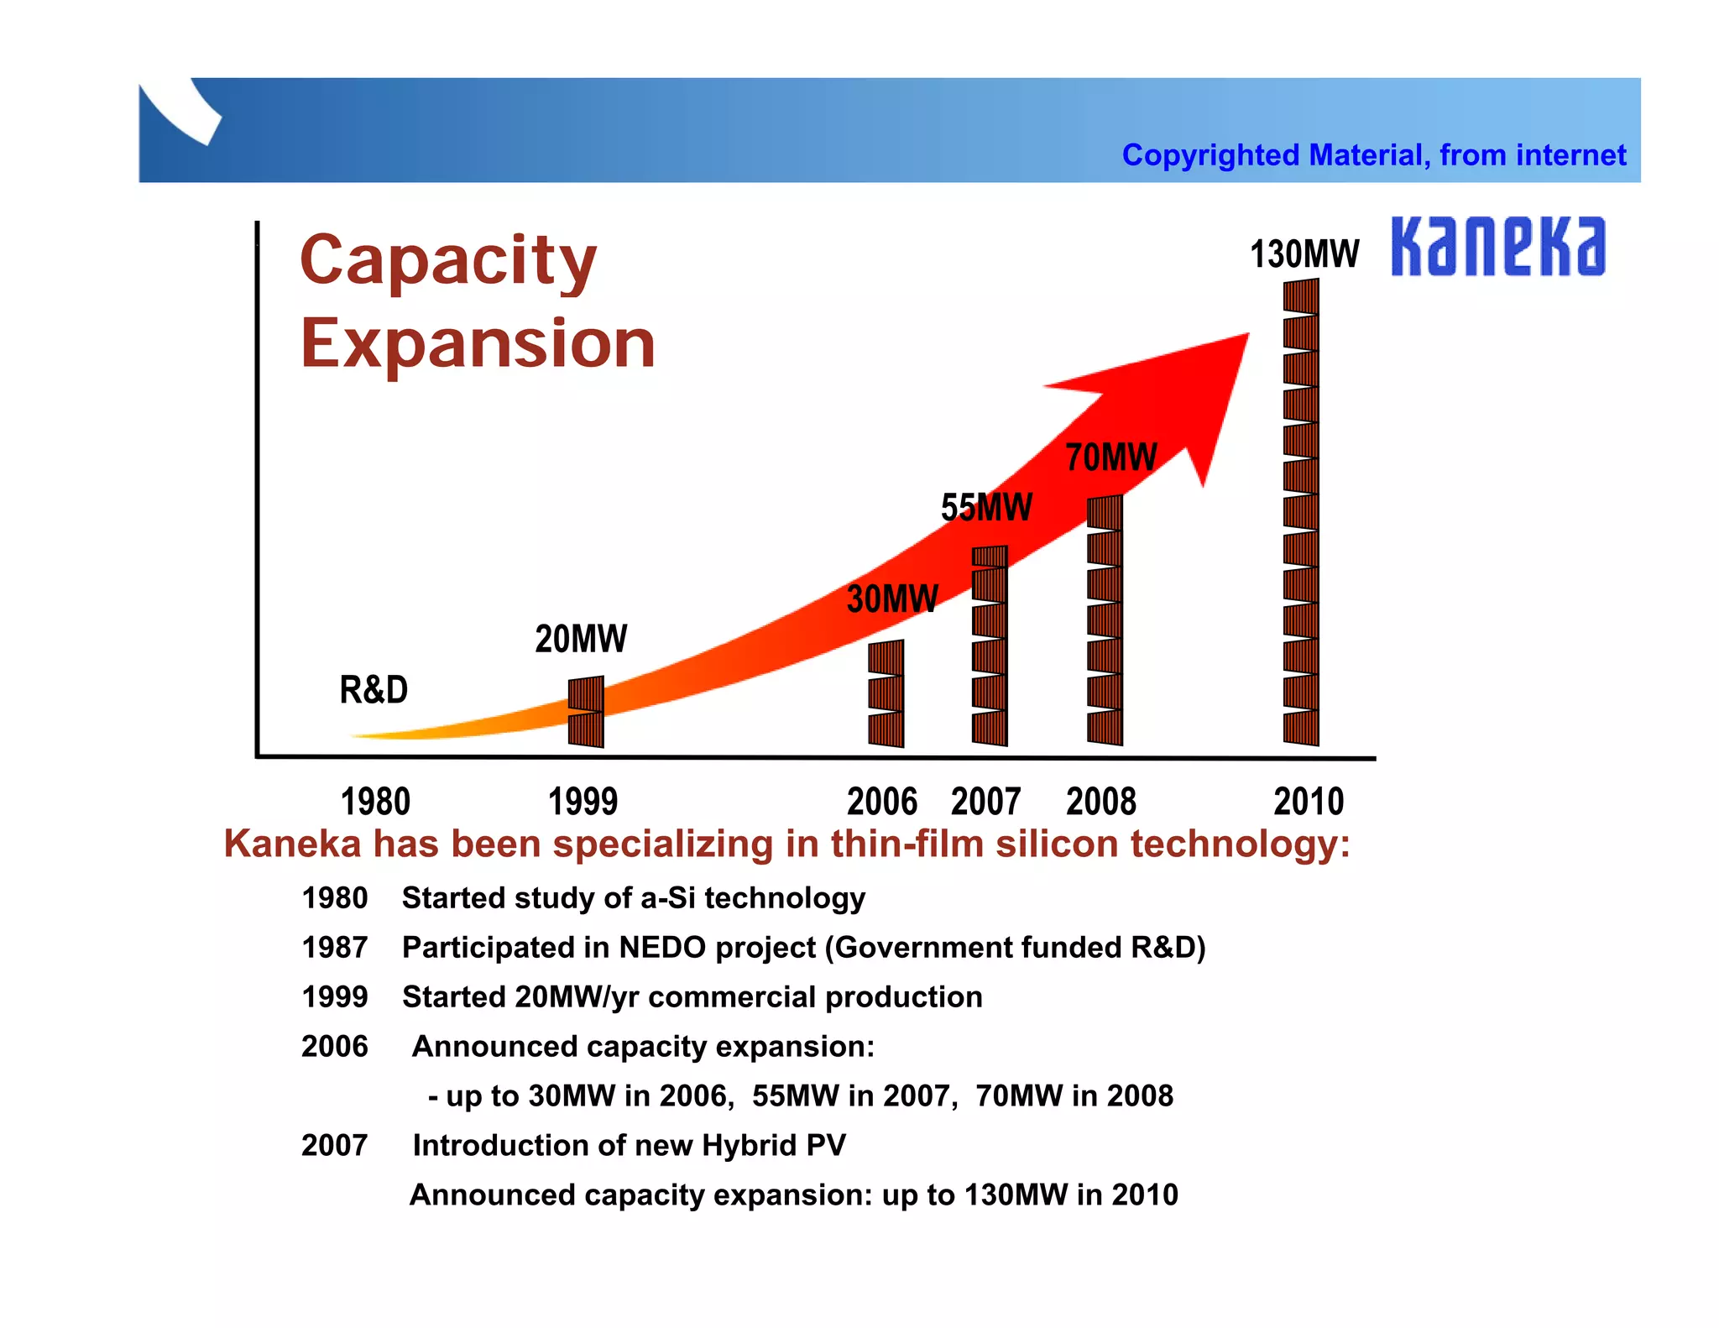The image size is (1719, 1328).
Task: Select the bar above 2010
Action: tap(1300, 512)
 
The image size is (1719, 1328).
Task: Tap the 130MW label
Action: tap(1304, 254)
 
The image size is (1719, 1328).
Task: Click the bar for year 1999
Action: tap(585, 712)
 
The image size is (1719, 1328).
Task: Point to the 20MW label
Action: tap(581, 639)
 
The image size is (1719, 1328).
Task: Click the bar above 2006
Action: tap(886, 694)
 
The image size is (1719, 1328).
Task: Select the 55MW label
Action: tap(986, 508)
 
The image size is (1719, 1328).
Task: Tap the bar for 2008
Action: tap(1104, 620)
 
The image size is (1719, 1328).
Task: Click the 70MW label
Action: tap(1110, 458)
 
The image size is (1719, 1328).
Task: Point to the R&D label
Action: tap(374, 690)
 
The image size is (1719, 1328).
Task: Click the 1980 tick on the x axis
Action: tap(375, 802)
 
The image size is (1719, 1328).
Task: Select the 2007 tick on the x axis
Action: tap(985, 802)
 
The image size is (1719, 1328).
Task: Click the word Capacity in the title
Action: tap(448, 261)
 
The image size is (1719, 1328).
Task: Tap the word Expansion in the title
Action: tap(478, 343)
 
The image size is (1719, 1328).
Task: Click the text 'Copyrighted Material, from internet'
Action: tap(1373, 155)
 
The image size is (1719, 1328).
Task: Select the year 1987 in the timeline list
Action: tap(334, 948)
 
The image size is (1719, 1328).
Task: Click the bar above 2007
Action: tap(989, 646)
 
